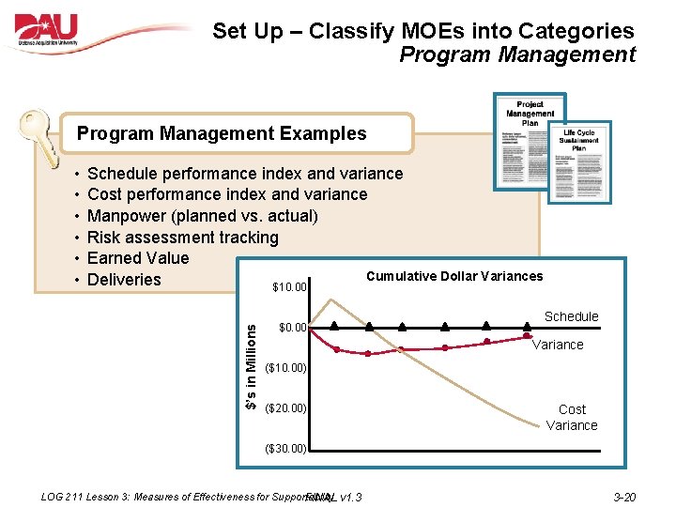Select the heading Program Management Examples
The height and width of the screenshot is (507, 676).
[x=222, y=133]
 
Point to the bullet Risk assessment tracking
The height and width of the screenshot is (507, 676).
[x=182, y=238]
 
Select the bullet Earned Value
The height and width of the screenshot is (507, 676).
[x=138, y=258]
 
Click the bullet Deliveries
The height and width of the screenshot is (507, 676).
[x=124, y=280]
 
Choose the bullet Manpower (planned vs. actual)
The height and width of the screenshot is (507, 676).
[x=202, y=216]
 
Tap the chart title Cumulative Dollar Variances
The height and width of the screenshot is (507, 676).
[x=453, y=276]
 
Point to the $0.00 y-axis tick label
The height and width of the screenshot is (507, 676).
[x=292, y=328]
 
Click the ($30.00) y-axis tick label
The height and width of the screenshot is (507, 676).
[x=286, y=448]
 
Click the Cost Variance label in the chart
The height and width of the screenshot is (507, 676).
[x=572, y=418]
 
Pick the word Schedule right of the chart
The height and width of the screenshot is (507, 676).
[x=571, y=316]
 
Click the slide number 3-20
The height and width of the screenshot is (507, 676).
[x=624, y=497]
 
